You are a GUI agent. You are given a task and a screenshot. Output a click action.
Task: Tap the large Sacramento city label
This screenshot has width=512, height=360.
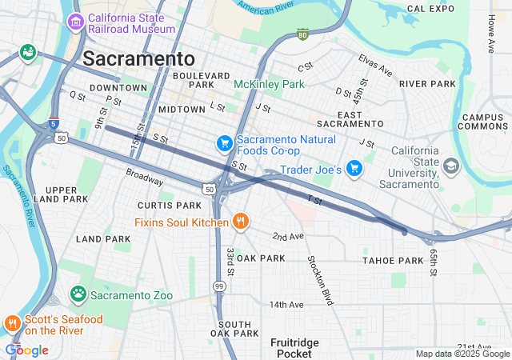click(138, 58)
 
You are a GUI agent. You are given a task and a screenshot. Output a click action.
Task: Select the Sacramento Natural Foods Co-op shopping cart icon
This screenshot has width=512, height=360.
click(225, 143)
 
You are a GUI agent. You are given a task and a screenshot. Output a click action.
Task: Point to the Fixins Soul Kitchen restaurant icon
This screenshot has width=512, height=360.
click(239, 221)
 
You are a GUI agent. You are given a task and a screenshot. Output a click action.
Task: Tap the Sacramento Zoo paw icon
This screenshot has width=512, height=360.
click(78, 294)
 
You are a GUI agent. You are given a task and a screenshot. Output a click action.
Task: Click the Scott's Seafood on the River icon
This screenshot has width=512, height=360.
click(12, 324)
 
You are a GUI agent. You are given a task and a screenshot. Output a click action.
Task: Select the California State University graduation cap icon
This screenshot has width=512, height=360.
click(451, 166)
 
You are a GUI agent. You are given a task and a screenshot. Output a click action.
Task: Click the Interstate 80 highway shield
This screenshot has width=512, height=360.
click(302, 35)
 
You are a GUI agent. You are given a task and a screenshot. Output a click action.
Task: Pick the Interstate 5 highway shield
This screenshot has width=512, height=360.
click(53, 123)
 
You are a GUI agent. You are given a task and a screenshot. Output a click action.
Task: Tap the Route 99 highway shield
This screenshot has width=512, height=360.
click(218, 286)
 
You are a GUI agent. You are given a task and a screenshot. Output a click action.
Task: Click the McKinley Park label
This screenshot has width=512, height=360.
click(269, 84)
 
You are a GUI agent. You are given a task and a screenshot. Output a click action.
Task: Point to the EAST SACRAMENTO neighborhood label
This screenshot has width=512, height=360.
click(349, 118)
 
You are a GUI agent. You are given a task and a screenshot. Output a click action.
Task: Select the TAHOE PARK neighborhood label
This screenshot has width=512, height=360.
click(392, 261)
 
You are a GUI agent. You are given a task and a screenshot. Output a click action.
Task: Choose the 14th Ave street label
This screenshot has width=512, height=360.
click(286, 305)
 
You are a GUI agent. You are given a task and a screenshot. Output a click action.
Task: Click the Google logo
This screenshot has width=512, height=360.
click(26, 350)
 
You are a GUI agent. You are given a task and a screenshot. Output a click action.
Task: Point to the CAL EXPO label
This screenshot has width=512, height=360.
click(430, 8)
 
